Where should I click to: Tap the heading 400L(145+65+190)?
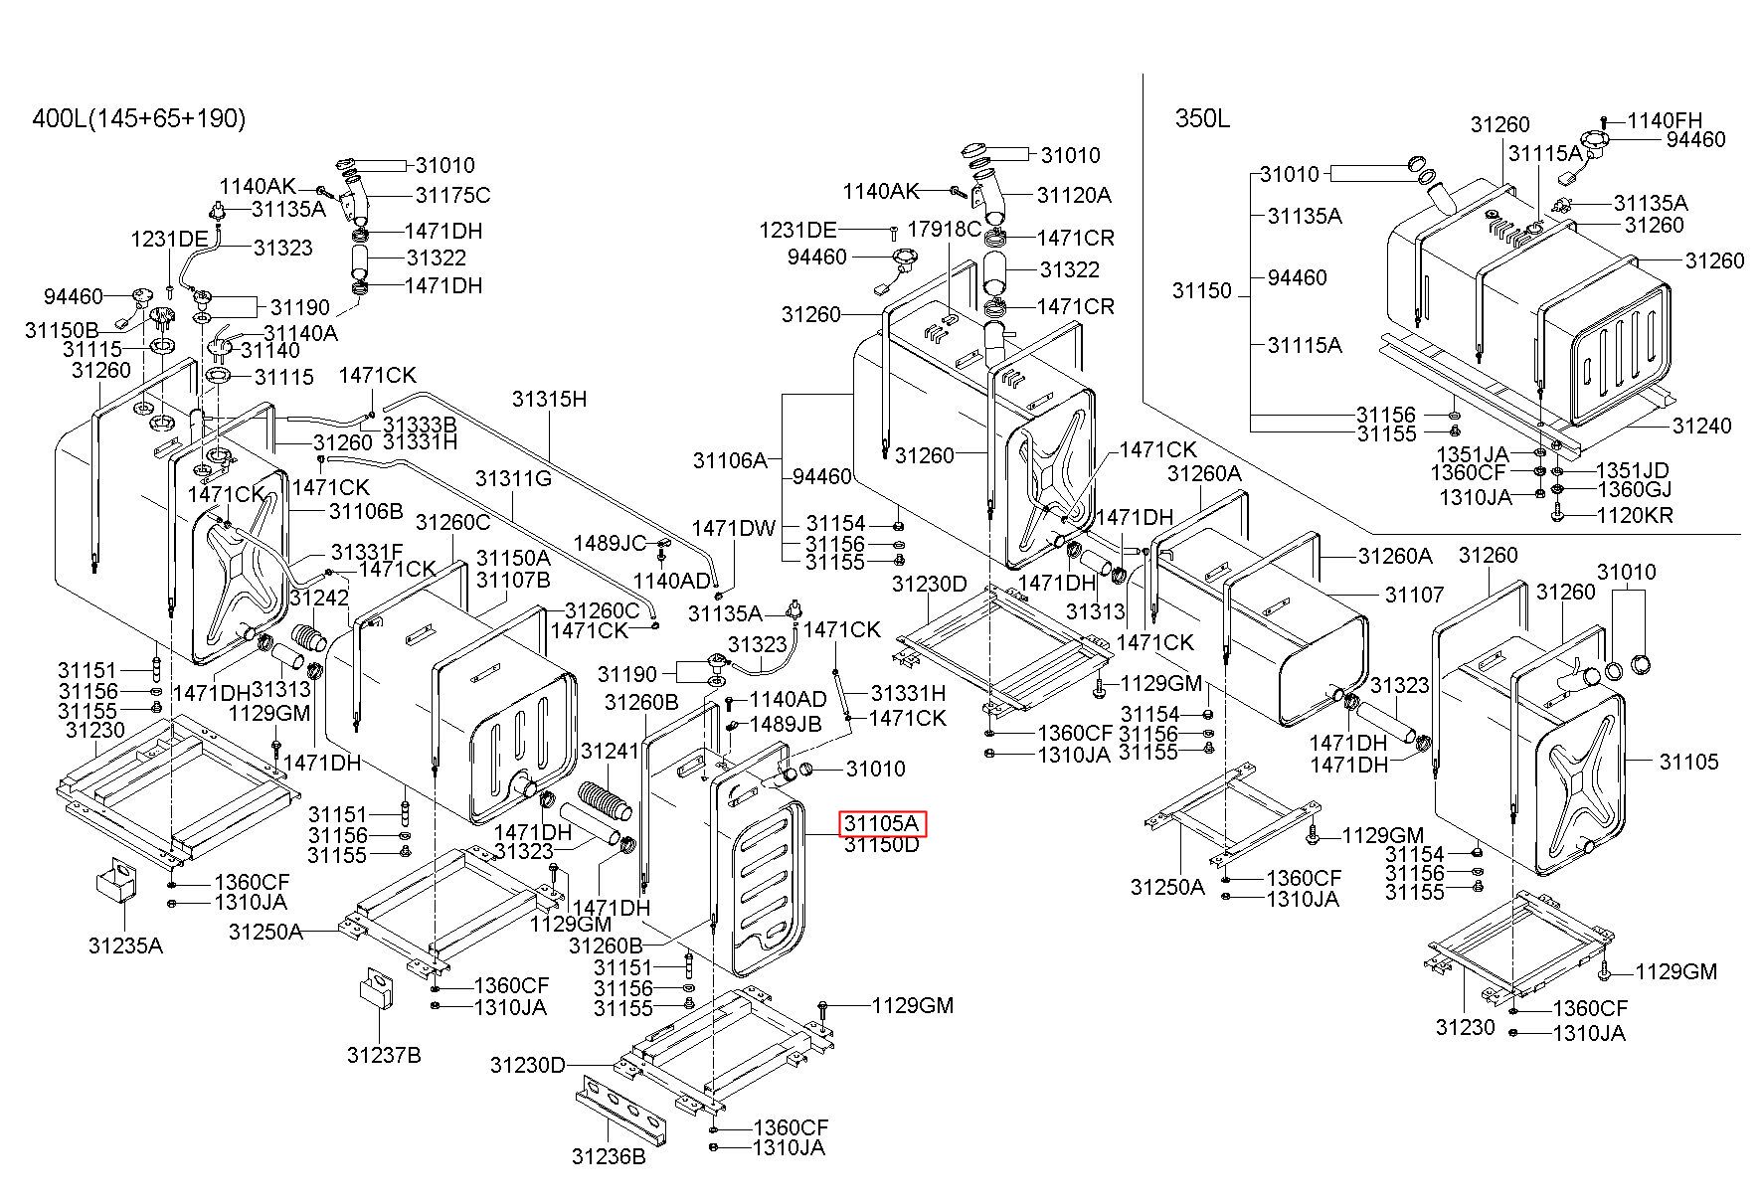click(139, 118)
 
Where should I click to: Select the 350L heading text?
click(1202, 118)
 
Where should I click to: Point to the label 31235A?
click(125, 945)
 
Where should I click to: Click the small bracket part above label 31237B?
click(377, 990)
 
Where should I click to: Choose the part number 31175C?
click(452, 195)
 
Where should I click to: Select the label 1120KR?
click(1635, 515)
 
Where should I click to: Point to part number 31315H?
click(549, 399)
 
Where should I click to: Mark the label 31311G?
click(513, 478)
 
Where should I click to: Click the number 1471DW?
click(734, 527)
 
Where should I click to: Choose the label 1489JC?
click(610, 543)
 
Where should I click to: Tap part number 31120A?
click(1074, 195)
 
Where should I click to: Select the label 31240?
click(1701, 426)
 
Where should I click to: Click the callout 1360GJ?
click(1634, 488)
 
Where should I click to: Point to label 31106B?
click(366, 511)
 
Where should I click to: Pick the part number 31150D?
click(882, 845)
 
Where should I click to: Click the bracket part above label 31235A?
click(115, 880)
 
